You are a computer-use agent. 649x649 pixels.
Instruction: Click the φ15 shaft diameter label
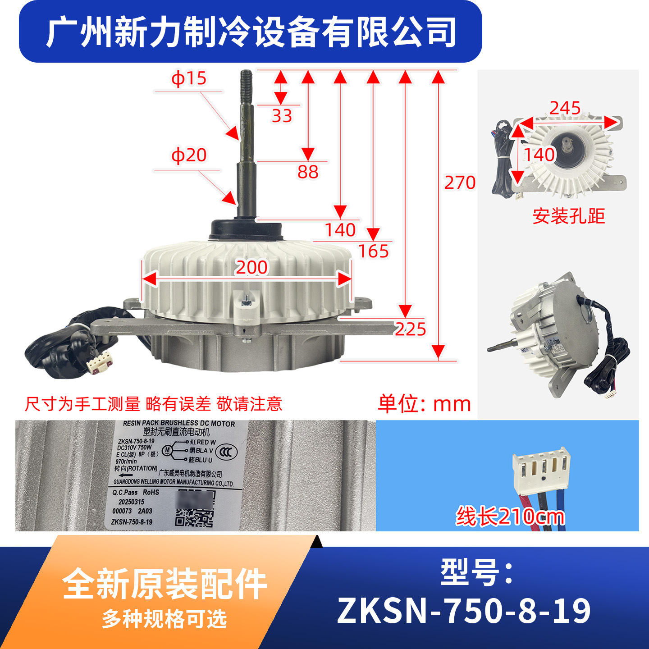click(x=188, y=78)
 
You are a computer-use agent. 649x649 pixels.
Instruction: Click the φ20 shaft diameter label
click(x=188, y=155)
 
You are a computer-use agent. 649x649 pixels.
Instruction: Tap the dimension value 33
click(x=282, y=116)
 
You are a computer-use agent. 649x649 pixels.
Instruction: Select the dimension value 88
click(x=308, y=172)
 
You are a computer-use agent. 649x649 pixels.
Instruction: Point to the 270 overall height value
click(x=460, y=183)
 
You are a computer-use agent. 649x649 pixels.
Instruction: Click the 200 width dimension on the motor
click(x=251, y=267)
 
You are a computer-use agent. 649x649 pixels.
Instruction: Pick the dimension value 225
click(x=410, y=329)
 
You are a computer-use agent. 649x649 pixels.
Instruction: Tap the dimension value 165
click(x=373, y=251)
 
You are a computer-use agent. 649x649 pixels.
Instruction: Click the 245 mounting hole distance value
click(x=565, y=108)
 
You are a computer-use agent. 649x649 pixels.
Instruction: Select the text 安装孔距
click(x=568, y=216)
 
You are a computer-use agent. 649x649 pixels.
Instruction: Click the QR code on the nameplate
click(x=194, y=517)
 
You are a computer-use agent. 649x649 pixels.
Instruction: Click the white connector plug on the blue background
click(x=541, y=471)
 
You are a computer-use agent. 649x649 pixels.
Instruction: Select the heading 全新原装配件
click(x=165, y=584)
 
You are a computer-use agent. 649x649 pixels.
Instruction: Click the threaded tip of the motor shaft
click(x=247, y=81)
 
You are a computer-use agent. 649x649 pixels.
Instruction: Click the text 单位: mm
click(x=424, y=403)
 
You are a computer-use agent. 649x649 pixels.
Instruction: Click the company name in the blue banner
click(x=251, y=32)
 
